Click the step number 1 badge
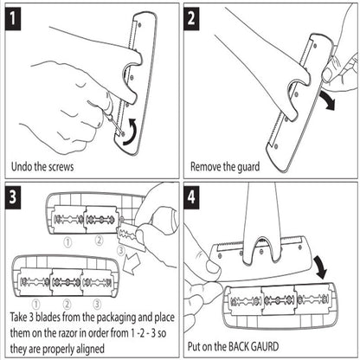click(13, 18)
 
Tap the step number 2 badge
click(191, 18)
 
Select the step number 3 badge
click(13, 196)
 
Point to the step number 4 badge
click(191, 196)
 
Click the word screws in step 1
click(61, 167)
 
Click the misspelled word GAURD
click(266, 346)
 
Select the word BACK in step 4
click(239, 346)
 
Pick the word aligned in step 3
click(90, 350)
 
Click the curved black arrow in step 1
click(131, 133)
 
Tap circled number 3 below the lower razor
click(97, 304)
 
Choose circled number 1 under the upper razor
click(67, 242)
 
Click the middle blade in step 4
click(280, 300)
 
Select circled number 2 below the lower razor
click(67, 304)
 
